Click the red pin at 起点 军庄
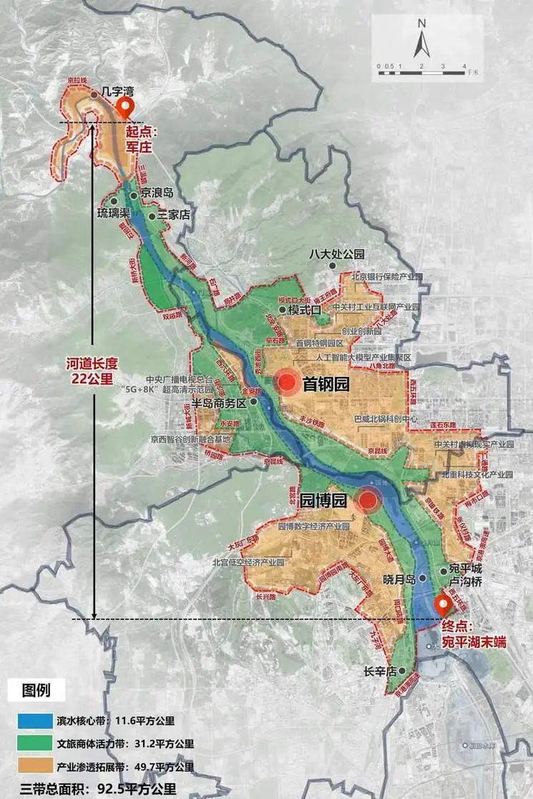click(x=127, y=109)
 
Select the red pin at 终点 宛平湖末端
click(x=441, y=607)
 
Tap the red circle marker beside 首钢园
click(x=288, y=383)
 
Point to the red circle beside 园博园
click(x=368, y=501)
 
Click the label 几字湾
click(x=119, y=92)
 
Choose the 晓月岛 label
click(x=399, y=579)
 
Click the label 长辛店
click(x=380, y=672)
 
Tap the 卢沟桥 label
click(x=465, y=582)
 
